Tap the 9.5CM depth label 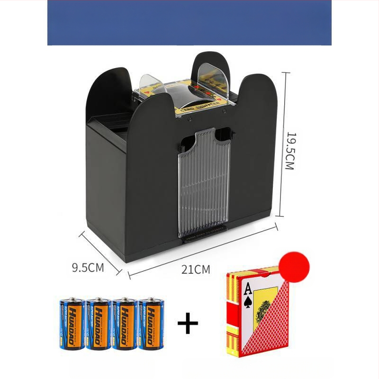tap(88, 267)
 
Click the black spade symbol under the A tap(247, 302)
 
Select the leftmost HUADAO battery tap(72, 324)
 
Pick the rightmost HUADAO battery tap(151, 324)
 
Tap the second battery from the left tap(98, 324)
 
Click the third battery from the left tap(125, 324)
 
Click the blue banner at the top tap(189, 23)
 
